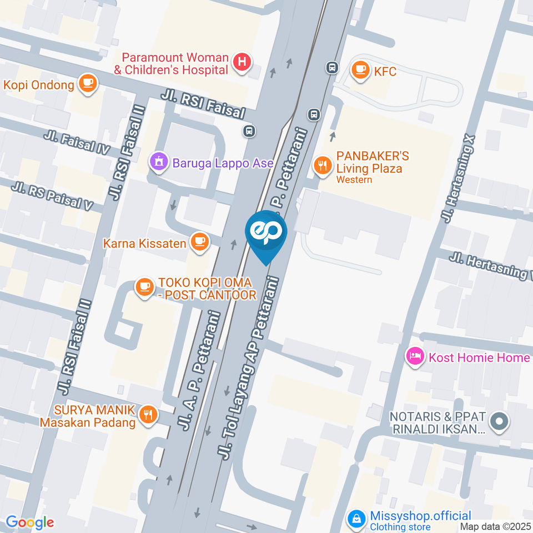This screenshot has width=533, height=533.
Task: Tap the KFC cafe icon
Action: (361, 70)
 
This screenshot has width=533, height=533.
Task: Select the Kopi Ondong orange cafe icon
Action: (88, 84)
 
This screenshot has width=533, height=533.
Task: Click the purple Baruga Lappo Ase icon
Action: (159, 162)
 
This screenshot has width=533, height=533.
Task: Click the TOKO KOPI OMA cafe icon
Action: (145, 286)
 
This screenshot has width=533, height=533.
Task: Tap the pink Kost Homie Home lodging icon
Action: (415, 356)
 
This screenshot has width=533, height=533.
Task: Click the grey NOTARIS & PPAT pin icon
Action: (500, 421)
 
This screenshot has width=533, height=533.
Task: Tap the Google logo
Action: (30, 522)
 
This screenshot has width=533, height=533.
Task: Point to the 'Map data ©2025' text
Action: (495, 526)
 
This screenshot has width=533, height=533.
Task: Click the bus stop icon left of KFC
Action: (332, 67)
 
